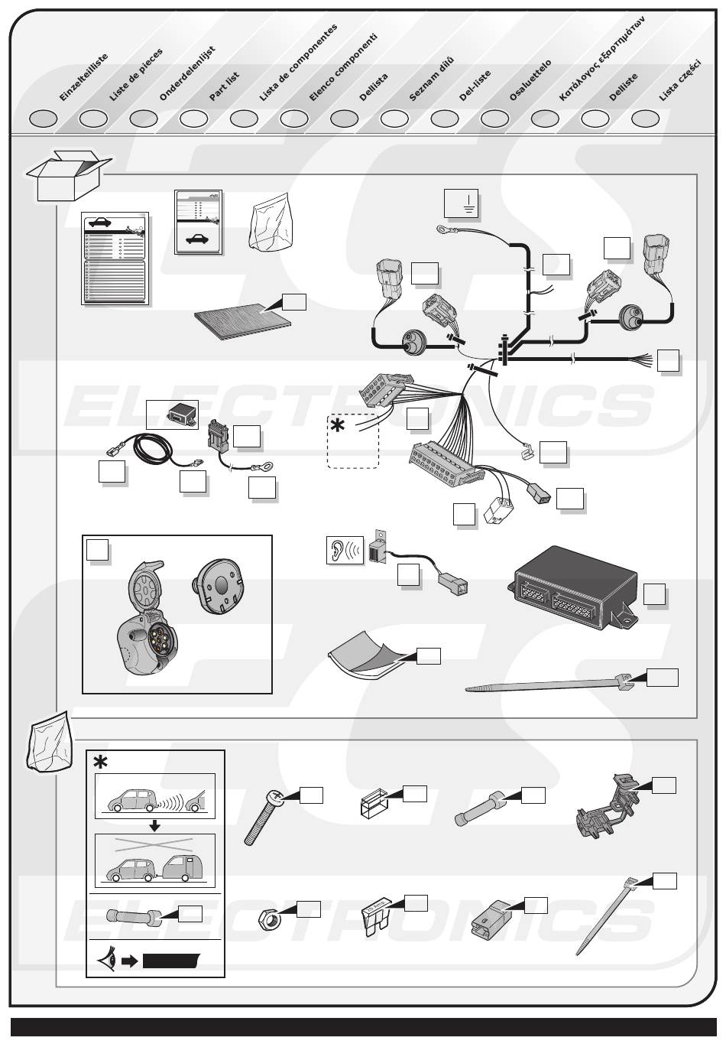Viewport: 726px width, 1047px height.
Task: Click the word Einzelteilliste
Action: [84, 77]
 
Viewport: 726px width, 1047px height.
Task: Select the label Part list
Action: [225, 86]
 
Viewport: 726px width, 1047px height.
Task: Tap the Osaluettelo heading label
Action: [530, 80]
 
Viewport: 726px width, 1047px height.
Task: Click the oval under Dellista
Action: [345, 119]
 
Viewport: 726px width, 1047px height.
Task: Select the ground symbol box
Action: [461, 203]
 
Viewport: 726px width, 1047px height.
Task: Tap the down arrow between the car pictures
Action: [154, 825]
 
